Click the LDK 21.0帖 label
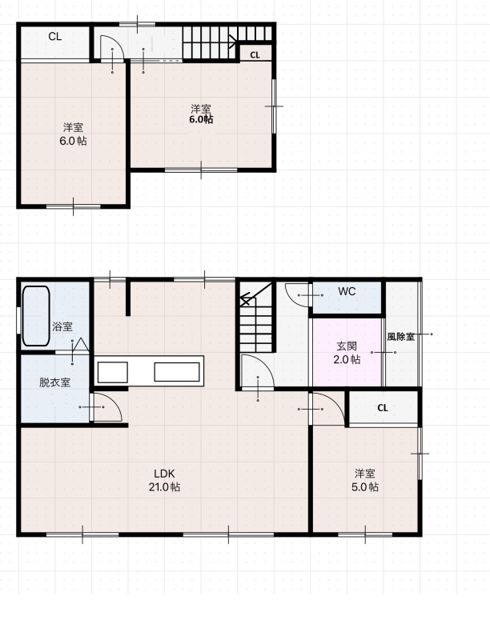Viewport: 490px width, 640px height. (x=164, y=480)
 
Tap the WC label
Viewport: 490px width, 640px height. (x=347, y=291)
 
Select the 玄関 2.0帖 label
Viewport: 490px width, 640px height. (x=347, y=353)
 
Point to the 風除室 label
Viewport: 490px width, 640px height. (x=401, y=337)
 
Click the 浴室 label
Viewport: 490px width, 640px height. (x=62, y=326)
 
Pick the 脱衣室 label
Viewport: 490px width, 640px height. (x=54, y=382)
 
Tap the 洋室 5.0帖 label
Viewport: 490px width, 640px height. (x=364, y=480)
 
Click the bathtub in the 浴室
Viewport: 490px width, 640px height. (x=36, y=315)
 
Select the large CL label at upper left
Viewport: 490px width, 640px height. (x=55, y=37)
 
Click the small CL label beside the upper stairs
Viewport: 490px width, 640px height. (x=255, y=55)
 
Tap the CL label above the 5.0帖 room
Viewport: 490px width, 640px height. (x=383, y=408)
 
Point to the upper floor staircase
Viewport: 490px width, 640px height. (x=227, y=42)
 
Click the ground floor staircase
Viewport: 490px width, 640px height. (x=256, y=317)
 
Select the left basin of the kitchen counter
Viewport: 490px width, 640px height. (x=113, y=372)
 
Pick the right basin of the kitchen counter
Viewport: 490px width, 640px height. (x=177, y=372)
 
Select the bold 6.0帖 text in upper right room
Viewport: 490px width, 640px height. (x=201, y=119)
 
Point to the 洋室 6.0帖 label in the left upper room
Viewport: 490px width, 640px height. (x=74, y=134)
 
